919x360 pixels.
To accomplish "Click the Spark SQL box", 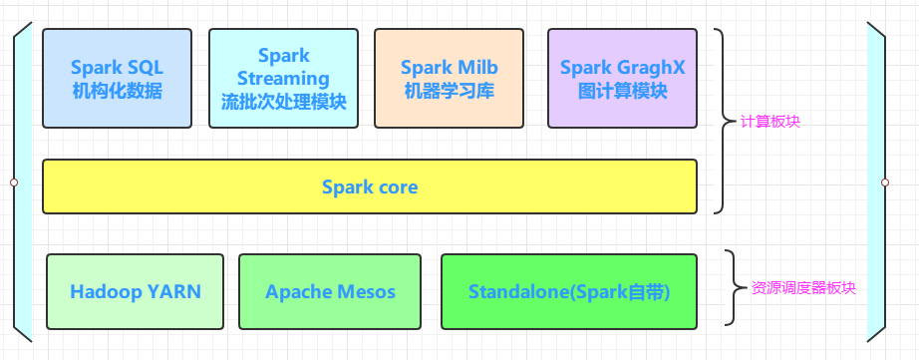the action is [118, 78].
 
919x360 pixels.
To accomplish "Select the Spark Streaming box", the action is [284, 78].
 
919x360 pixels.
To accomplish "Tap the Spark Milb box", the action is [449, 78].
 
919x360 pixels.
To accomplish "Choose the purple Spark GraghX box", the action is [622, 78].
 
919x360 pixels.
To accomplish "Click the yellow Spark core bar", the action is [370, 186].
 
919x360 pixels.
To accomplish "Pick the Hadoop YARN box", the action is [135, 291].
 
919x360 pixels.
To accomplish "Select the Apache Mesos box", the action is [330, 291].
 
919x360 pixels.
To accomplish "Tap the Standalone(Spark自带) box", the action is [569, 291].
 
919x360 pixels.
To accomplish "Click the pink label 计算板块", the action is [770, 122].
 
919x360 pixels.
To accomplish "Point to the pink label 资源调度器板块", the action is [803, 288].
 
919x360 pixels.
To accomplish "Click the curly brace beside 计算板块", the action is [724, 122].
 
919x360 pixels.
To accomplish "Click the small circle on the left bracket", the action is [14, 182].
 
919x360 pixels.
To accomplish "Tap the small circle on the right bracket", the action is [885, 182].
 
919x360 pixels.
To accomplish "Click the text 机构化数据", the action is [118, 91].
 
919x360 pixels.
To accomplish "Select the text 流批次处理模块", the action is [284, 102].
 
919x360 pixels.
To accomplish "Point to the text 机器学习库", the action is [449, 91].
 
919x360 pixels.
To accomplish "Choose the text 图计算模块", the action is [622, 91].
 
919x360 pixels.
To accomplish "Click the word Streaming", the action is [284, 79].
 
